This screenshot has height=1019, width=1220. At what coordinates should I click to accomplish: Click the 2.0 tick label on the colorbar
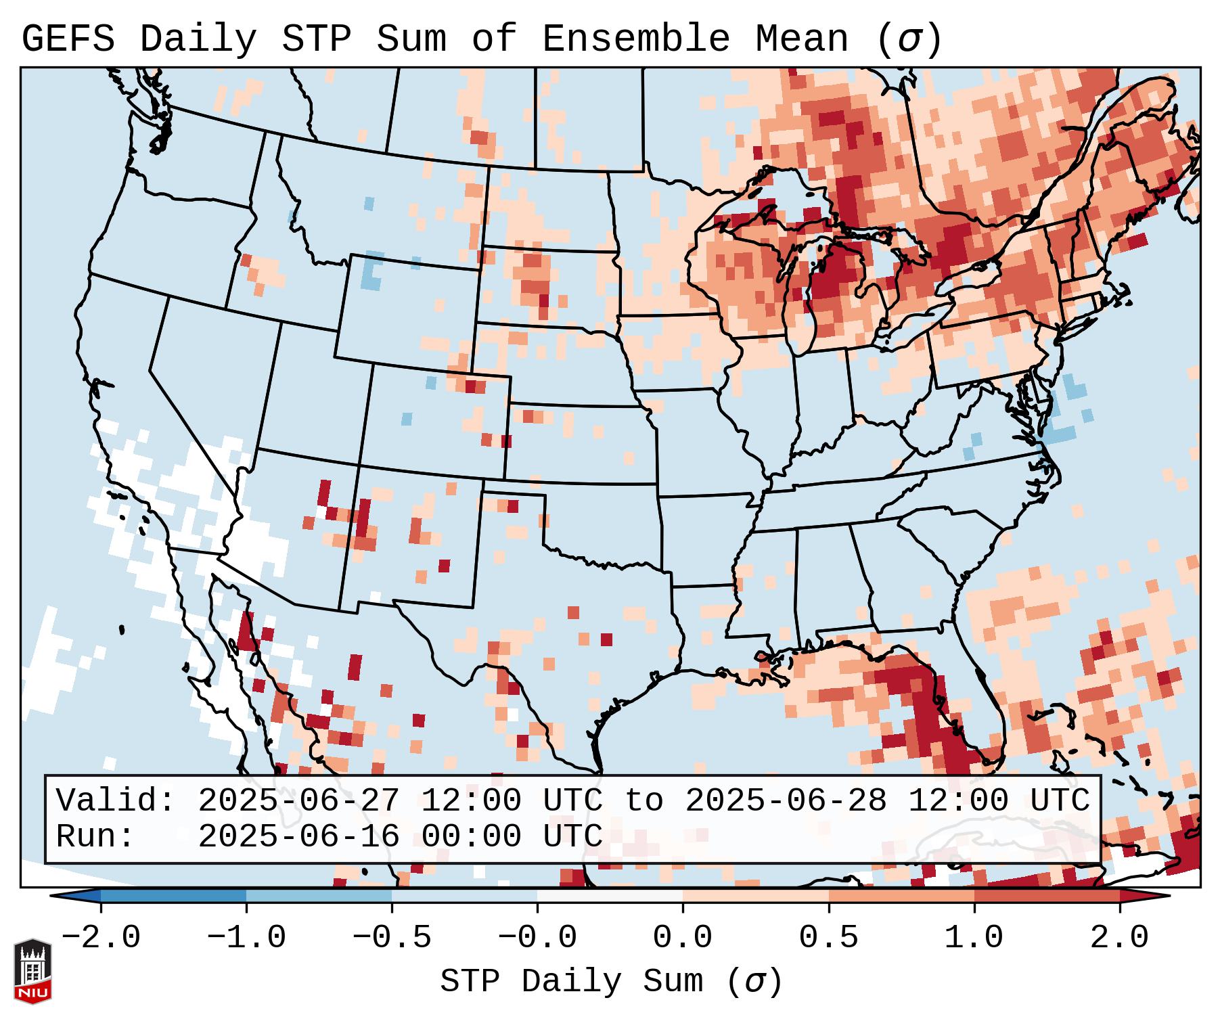[1119, 938]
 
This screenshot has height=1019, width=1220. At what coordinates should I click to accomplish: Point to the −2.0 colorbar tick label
[101, 938]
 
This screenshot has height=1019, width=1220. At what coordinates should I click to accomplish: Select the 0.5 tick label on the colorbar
[828, 938]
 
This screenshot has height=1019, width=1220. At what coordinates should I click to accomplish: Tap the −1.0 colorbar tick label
[246, 938]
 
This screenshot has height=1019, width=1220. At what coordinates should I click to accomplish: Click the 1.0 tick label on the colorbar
[974, 938]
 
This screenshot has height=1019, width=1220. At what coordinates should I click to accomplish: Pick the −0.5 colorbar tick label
[392, 938]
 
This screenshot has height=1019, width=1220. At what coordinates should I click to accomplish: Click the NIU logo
[32, 972]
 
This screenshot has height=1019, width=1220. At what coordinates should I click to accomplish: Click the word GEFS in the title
[68, 39]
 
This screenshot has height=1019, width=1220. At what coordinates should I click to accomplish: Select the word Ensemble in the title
[635, 39]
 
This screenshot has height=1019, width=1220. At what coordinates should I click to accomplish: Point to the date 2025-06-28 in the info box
[786, 801]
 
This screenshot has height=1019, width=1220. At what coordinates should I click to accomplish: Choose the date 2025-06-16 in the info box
[298, 837]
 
